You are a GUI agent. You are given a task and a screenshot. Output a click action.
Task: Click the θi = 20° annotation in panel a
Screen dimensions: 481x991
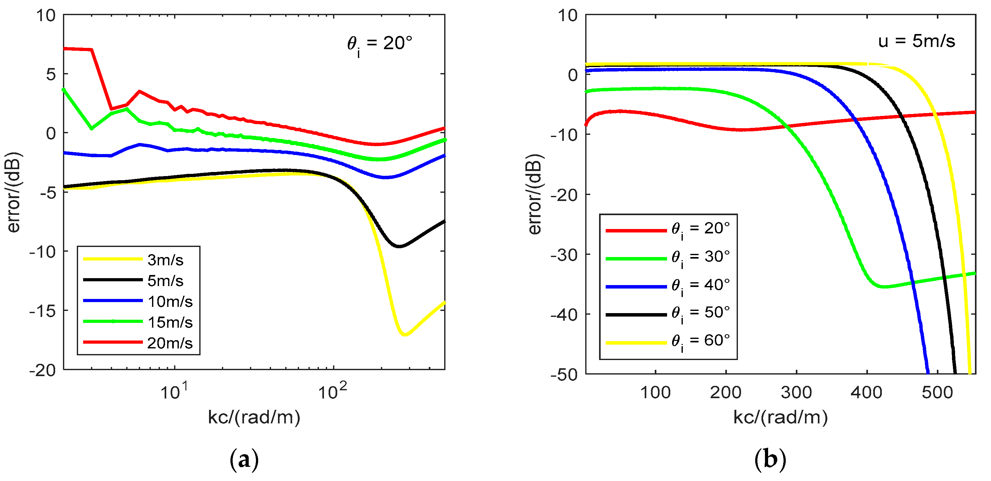[379, 44]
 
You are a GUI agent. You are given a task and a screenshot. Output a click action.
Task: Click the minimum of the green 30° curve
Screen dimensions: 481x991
[885, 287]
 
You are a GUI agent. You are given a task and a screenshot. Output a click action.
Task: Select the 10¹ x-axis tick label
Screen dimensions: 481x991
[174, 391]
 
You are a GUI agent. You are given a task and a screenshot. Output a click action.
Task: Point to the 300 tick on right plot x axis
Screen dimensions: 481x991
[796, 392]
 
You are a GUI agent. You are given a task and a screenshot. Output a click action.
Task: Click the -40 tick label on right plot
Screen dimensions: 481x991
[564, 315]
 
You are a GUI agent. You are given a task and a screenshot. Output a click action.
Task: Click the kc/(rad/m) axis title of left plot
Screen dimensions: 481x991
[254, 417]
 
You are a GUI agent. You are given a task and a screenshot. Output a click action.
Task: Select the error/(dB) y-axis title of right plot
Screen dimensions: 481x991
[535, 194]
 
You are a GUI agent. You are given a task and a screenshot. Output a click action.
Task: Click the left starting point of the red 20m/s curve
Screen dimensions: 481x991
[65, 49]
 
